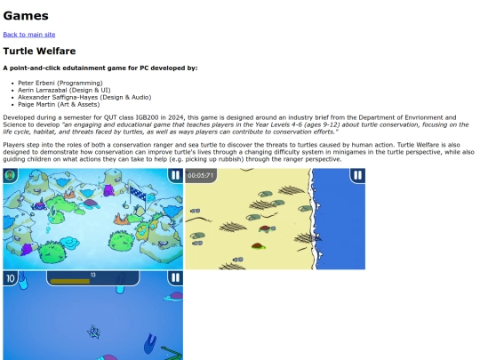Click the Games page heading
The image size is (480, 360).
click(x=26, y=16)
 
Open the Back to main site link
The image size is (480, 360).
click(x=29, y=35)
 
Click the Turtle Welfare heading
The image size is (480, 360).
click(x=39, y=51)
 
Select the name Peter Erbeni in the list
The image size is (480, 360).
click(x=36, y=83)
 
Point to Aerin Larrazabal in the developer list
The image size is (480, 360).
click(x=44, y=90)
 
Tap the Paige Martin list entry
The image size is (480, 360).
click(x=36, y=104)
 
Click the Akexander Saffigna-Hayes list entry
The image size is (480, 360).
click(x=58, y=98)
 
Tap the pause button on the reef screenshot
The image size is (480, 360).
click(x=175, y=175)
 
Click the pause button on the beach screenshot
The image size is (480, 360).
click(x=357, y=175)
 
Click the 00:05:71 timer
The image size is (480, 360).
click(x=201, y=175)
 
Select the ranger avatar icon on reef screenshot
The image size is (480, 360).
click(x=11, y=175)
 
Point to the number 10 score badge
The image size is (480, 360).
click(x=11, y=278)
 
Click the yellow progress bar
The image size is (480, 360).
click(x=70, y=281)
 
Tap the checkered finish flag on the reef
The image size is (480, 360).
click(x=138, y=194)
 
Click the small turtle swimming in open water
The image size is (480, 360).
click(x=93, y=332)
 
